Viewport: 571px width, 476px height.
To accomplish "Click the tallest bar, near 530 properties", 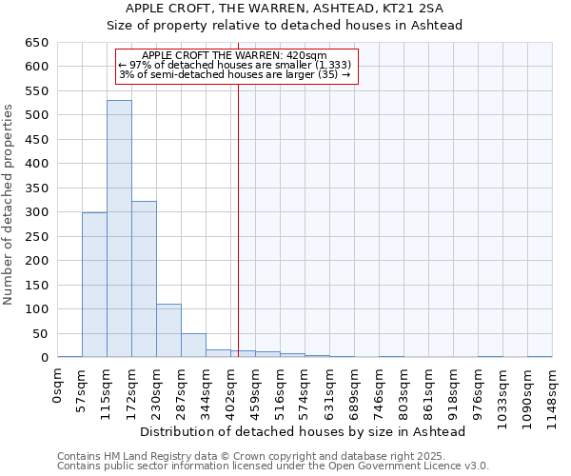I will click(x=119, y=228).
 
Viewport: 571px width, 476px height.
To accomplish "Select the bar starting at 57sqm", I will click(x=94, y=285).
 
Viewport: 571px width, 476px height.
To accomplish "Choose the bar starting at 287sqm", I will click(x=193, y=346).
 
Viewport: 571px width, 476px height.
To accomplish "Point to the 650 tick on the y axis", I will click(x=36, y=43).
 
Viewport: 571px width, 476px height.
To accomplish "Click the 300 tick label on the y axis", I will click(x=36, y=212).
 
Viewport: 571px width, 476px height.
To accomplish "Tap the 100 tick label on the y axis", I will click(x=36, y=309).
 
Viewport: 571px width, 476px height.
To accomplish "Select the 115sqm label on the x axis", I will click(x=108, y=388).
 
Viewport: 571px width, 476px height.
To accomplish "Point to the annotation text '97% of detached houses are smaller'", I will click(x=235, y=64).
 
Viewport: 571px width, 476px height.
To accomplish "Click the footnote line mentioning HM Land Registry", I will click(x=272, y=456).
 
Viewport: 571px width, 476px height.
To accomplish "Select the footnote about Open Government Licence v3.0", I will click(x=272, y=466).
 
